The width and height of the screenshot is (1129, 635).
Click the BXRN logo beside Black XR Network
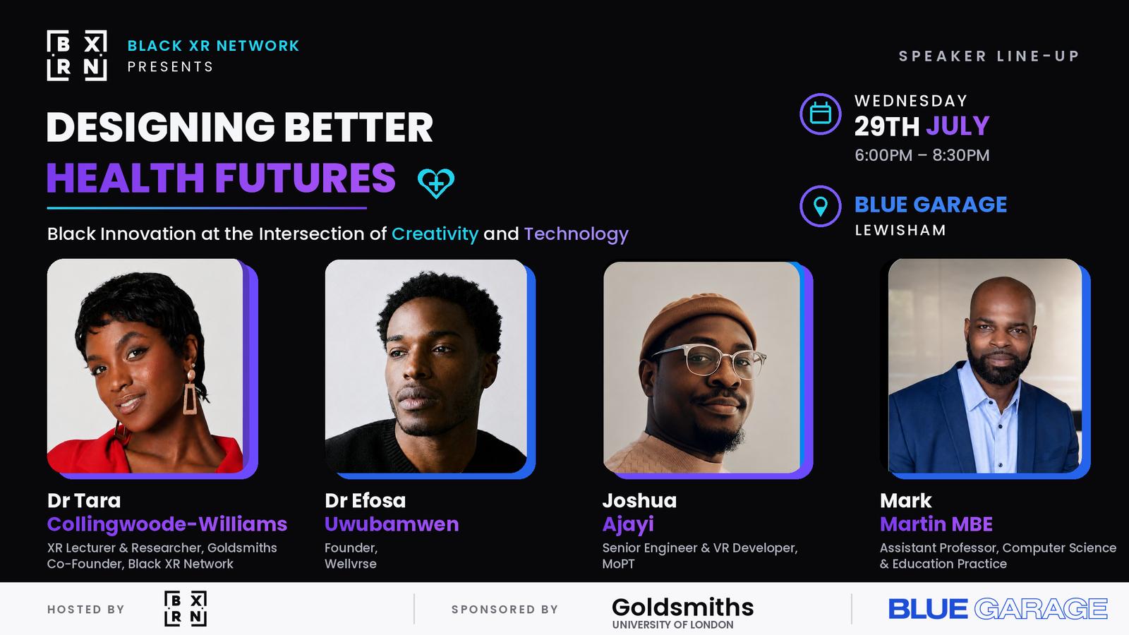(77, 56)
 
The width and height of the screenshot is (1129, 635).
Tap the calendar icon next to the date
(820, 114)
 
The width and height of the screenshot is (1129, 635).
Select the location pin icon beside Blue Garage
(820, 206)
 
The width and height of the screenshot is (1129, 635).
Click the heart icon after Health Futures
(436, 183)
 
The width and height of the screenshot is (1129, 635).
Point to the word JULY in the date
(958, 126)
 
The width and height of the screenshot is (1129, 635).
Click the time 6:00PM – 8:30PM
(922, 155)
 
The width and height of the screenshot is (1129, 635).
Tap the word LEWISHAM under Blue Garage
(900, 230)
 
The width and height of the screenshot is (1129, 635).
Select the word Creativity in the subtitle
(435, 234)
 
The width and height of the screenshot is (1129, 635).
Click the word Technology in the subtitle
(576, 234)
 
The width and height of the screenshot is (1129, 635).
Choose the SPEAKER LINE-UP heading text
(989, 56)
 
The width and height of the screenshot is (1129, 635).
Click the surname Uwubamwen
(392, 524)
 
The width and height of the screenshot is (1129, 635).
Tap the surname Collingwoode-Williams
(167, 525)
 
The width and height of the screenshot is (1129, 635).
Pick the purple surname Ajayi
(627, 525)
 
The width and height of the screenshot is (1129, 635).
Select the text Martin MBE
(936, 524)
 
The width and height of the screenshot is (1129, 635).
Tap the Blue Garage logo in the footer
(998, 609)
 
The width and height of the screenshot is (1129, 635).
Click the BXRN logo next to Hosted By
(186, 609)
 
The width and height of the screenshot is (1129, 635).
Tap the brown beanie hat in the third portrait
(698, 322)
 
